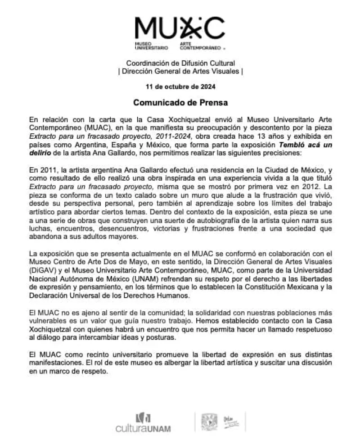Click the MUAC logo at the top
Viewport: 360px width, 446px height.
click(180, 32)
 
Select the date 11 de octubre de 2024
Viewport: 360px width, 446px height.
click(180, 86)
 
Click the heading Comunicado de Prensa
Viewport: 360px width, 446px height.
click(180, 103)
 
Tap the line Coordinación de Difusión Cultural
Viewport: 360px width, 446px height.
click(180, 63)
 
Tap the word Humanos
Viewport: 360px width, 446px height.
click(171, 296)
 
